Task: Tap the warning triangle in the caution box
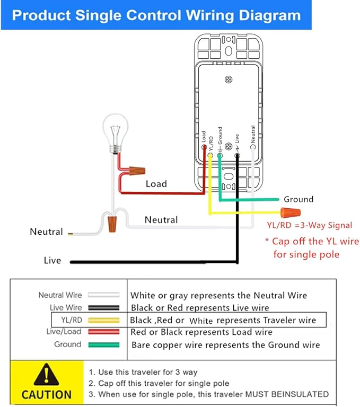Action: (47, 375)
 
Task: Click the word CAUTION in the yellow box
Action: (47, 394)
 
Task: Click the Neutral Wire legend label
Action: (60, 295)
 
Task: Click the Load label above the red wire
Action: (156, 184)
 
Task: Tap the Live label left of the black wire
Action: (52, 261)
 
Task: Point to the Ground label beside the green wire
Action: (298, 199)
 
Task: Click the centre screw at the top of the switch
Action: (229, 79)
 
